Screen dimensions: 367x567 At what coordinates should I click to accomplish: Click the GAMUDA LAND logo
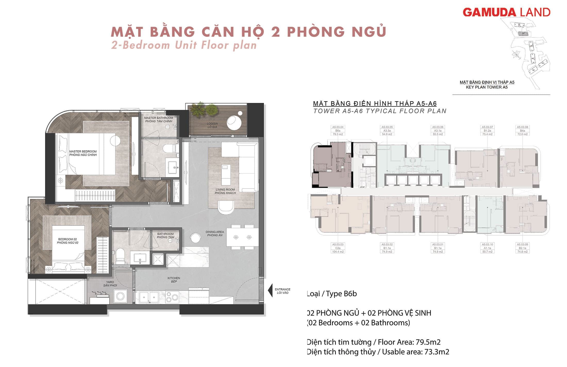pos(506,12)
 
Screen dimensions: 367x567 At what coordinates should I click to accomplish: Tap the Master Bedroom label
pos(83,153)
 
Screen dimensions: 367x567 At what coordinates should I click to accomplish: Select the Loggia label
pos(212,125)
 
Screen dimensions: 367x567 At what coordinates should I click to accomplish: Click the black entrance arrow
pos(270,291)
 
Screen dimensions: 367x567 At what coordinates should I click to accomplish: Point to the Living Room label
pos(225,191)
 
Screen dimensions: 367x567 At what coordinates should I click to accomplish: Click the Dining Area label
pos(215,233)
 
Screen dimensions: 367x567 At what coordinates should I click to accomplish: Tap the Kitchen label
pos(174,280)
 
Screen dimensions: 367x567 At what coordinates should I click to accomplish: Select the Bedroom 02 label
pos(68,241)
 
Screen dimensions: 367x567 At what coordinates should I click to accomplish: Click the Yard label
pos(110,284)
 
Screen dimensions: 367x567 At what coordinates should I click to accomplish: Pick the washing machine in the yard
pos(120,296)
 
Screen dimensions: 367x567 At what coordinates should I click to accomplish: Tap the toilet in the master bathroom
pos(170,149)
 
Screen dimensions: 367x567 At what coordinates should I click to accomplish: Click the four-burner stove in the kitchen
pos(172,296)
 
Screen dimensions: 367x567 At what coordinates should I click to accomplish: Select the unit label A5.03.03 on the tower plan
pos(338,244)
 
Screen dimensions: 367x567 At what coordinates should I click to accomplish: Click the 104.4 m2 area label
pos(338,252)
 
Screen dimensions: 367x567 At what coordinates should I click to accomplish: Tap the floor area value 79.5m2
pos(428,342)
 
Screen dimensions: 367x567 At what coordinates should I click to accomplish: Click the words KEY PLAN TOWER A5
pos(487,87)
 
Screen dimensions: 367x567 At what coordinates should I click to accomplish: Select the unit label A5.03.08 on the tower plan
pos(522,127)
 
